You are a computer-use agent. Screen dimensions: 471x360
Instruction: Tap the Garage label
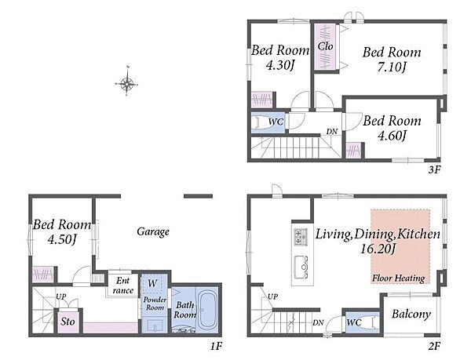tap(153, 231)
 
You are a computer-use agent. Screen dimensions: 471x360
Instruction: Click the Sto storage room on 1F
tap(68, 322)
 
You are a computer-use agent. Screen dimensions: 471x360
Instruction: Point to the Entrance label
tap(123, 285)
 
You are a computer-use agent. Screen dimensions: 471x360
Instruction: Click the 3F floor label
tap(434, 169)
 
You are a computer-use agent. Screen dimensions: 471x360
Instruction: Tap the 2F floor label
tap(434, 347)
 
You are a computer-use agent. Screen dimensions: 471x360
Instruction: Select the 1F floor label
tap(216, 347)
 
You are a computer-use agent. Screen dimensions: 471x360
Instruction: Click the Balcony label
tap(411, 314)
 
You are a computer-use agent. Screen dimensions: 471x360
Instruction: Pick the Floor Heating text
tap(398, 278)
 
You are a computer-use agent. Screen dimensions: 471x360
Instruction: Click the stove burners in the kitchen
tap(301, 236)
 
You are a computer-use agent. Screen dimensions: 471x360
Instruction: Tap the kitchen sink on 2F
tap(301, 267)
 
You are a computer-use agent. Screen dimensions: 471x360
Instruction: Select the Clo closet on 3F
tap(327, 47)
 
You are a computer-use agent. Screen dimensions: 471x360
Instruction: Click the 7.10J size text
tap(392, 67)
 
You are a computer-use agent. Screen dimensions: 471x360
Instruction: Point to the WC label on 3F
tap(276, 122)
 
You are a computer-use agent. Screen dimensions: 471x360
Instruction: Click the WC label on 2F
tap(354, 323)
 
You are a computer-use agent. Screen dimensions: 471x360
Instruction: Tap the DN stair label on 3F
tap(332, 132)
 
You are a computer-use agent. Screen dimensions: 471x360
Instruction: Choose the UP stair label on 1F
tap(61, 296)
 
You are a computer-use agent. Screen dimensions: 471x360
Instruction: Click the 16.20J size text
tap(378, 249)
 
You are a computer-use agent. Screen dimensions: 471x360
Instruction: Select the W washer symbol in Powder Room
tap(152, 283)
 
